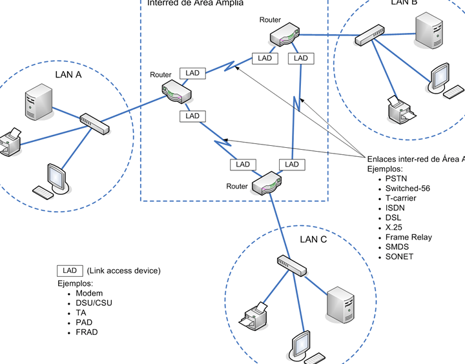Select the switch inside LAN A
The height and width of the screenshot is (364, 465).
click(x=95, y=123)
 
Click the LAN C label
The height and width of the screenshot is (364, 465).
click(x=313, y=239)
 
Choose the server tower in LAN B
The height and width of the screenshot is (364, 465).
click(x=429, y=32)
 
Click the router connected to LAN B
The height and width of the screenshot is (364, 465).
click(x=284, y=35)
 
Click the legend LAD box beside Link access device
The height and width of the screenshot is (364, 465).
click(x=70, y=270)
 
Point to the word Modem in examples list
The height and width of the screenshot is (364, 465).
click(x=89, y=294)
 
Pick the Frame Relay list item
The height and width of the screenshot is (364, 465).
click(x=409, y=237)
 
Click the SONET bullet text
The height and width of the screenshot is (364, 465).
click(x=399, y=256)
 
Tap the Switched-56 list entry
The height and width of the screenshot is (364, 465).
click(x=408, y=188)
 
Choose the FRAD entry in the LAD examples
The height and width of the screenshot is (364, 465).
click(x=87, y=332)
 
